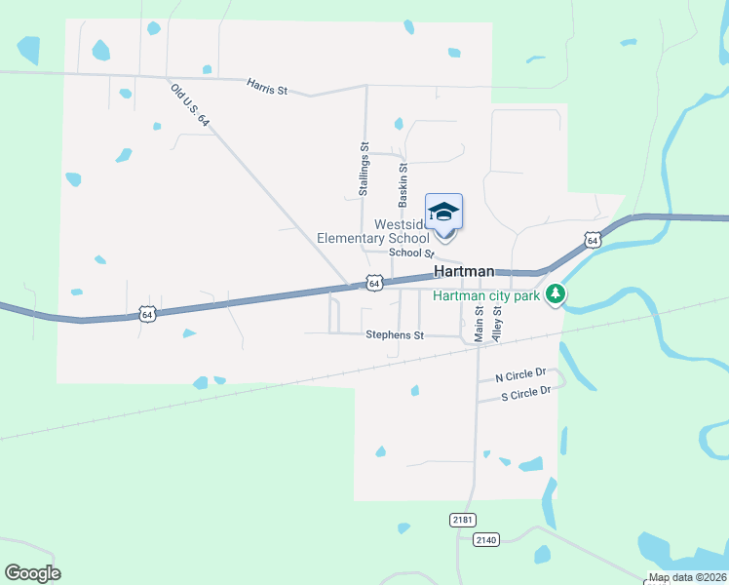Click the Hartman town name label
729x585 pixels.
click(x=463, y=272)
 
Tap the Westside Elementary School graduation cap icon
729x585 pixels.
click(x=443, y=212)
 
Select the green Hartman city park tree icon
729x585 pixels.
click(x=556, y=292)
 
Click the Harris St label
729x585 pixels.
click(x=267, y=87)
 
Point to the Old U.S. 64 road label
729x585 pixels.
click(x=190, y=105)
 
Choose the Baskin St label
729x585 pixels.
click(x=403, y=184)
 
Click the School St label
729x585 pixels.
click(x=410, y=253)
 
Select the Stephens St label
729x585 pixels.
click(x=395, y=335)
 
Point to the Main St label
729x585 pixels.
click(x=479, y=323)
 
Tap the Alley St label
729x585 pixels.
click(x=497, y=323)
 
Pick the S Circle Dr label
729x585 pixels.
click(x=526, y=393)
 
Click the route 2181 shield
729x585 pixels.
click(x=463, y=520)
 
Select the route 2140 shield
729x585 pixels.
click(x=486, y=539)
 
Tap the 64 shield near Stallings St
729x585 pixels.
click(x=374, y=283)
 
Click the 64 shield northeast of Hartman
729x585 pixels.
click(x=593, y=240)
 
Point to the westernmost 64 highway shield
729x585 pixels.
click(x=146, y=314)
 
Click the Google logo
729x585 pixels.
click(x=32, y=573)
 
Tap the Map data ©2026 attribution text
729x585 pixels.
click(x=687, y=577)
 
